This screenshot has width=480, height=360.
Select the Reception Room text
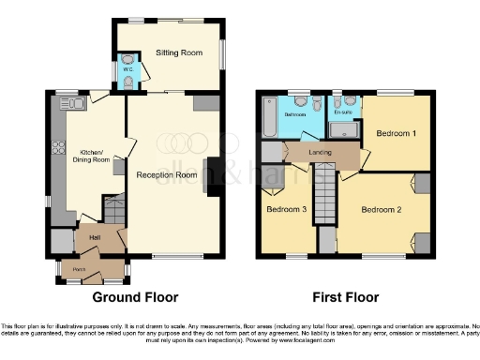[x=166, y=175]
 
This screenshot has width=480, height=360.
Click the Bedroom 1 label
[x=396, y=133]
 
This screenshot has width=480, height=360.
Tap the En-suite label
[x=344, y=112]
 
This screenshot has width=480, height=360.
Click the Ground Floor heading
[x=135, y=297]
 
